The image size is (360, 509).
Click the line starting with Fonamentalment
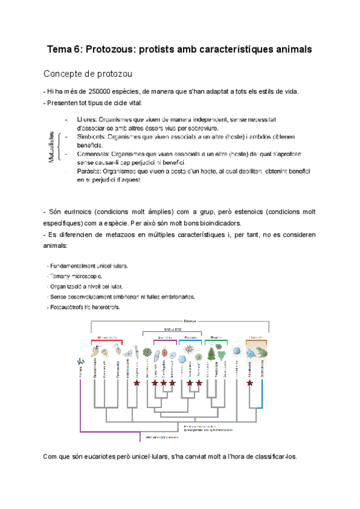[89, 265]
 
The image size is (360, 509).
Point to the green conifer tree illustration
[211, 352]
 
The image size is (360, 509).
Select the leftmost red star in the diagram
[136, 382]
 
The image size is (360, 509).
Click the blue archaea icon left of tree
[80, 361]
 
